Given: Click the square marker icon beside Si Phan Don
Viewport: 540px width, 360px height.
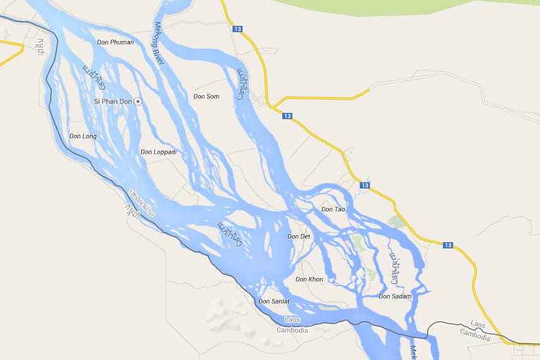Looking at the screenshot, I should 138,101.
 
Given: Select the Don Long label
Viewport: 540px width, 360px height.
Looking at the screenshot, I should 83,136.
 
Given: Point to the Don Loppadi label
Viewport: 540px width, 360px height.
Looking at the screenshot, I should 158,151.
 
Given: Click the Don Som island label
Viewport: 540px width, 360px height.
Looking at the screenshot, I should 206,96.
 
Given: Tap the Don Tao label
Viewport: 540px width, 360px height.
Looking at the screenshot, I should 333,209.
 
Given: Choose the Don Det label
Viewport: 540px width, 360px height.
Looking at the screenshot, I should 299,236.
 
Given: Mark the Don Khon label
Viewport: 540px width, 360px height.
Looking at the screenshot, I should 309,279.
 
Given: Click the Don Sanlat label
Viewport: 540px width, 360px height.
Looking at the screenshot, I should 274,301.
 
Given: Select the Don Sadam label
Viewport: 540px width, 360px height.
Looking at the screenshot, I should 395,296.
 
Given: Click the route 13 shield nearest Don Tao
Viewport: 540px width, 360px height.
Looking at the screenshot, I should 365,185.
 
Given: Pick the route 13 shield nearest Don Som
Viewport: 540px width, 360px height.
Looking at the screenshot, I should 287,116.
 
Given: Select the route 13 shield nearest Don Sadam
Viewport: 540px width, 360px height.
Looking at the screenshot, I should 448,245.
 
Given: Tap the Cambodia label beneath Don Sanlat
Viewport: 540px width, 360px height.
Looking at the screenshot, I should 292,330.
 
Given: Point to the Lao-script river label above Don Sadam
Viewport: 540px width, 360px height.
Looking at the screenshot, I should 394,267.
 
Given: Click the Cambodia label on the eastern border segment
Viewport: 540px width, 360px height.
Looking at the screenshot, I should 474,336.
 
